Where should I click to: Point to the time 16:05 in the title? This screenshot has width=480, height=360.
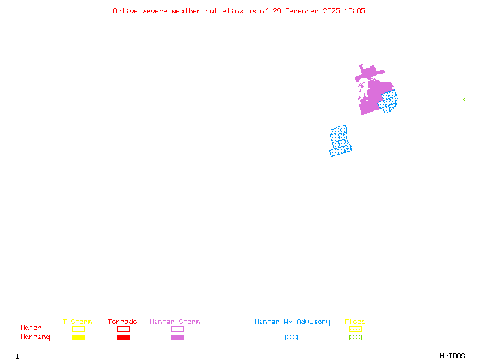353,11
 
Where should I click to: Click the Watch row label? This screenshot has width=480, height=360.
31,328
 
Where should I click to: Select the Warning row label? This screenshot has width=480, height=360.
35,337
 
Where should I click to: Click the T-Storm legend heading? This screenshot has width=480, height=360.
77,322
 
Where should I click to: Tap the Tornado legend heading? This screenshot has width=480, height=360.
122,322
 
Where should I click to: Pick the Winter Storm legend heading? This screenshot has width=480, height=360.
175,322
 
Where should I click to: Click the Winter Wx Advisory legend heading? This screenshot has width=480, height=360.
292,322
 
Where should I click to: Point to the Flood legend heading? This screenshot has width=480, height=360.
355,322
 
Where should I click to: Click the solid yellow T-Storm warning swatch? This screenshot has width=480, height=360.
78,337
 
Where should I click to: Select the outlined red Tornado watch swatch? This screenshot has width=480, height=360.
123,329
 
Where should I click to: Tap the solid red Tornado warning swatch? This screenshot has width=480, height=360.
123,337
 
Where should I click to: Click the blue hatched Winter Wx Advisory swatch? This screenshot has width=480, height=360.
291,337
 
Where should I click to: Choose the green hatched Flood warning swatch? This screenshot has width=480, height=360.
355,337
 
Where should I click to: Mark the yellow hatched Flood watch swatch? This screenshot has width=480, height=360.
355,329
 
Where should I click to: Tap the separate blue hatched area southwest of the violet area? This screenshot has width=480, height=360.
340,141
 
